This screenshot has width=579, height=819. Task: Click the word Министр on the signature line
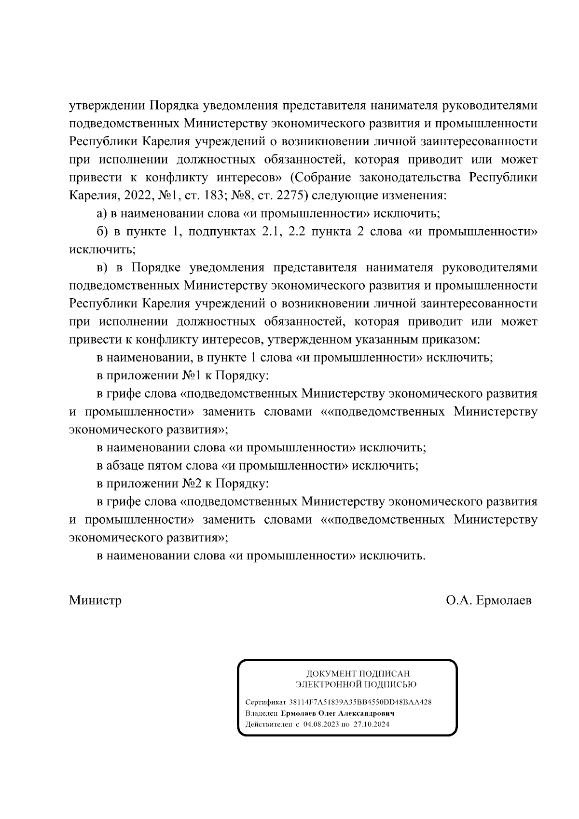click(95, 600)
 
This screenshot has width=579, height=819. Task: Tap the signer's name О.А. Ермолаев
click(489, 600)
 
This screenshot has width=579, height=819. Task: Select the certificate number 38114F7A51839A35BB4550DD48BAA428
click(360, 702)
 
